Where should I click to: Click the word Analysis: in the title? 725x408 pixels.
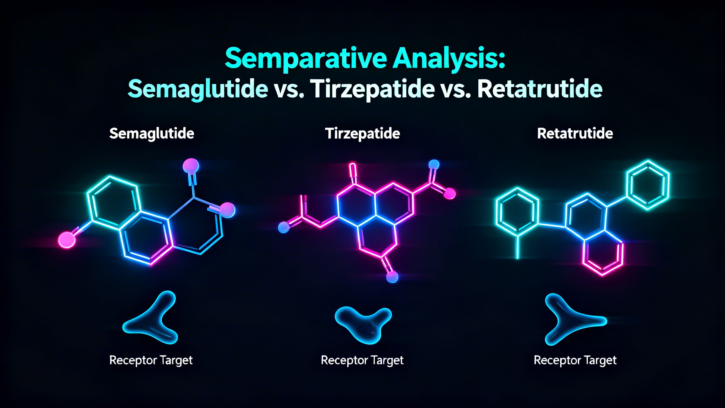449,59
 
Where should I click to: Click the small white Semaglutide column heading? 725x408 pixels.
152,133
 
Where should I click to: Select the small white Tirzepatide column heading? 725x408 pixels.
362,133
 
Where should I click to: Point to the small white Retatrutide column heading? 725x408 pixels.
575,133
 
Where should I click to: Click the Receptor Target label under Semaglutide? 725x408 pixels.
151,360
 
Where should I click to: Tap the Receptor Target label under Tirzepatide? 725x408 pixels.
362,360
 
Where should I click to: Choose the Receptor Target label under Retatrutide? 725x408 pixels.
575,360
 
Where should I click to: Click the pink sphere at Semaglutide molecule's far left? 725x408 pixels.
67,240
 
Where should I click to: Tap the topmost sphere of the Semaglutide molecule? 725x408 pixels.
191,166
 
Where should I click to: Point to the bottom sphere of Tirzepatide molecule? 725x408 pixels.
392,277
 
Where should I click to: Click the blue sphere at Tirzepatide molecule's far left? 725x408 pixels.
283,227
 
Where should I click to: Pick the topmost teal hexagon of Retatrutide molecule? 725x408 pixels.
648,185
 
